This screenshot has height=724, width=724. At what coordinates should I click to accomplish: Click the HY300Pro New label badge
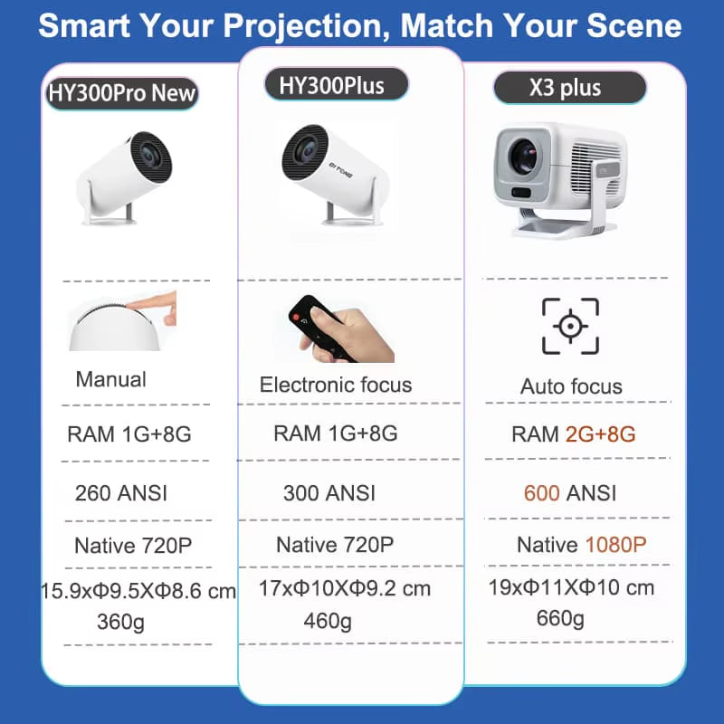(121, 93)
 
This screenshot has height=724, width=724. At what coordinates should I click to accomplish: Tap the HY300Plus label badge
(337, 85)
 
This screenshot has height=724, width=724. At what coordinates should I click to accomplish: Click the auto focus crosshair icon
(570, 326)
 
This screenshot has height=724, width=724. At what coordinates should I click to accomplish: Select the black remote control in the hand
(312, 325)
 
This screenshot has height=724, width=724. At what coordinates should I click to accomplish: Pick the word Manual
(110, 379)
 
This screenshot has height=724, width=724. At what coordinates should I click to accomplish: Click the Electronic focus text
(336, 385)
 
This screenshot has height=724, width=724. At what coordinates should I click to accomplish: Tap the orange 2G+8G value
(600, 434)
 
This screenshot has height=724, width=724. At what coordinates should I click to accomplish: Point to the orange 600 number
(542, 493)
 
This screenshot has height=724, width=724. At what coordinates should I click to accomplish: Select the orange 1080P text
(615, 545)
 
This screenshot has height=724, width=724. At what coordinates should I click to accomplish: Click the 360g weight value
(121, 622)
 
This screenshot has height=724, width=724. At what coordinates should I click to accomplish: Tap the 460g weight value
(328, 621)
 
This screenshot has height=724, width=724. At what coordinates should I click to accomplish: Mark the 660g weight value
(560, 618)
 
